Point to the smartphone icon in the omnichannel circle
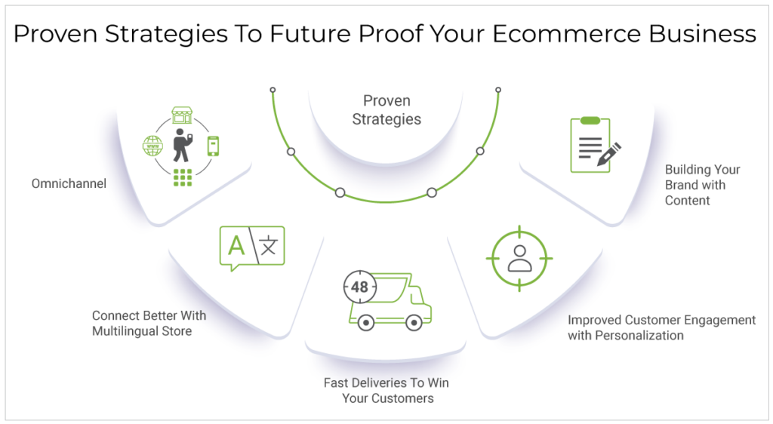213,145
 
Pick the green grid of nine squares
182,177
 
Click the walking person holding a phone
181,145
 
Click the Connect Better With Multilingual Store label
149,323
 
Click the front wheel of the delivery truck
413,322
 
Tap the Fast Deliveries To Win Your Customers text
386,390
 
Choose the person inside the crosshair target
519,257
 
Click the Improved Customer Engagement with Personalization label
661,327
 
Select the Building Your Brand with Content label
702,185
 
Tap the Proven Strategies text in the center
386,109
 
